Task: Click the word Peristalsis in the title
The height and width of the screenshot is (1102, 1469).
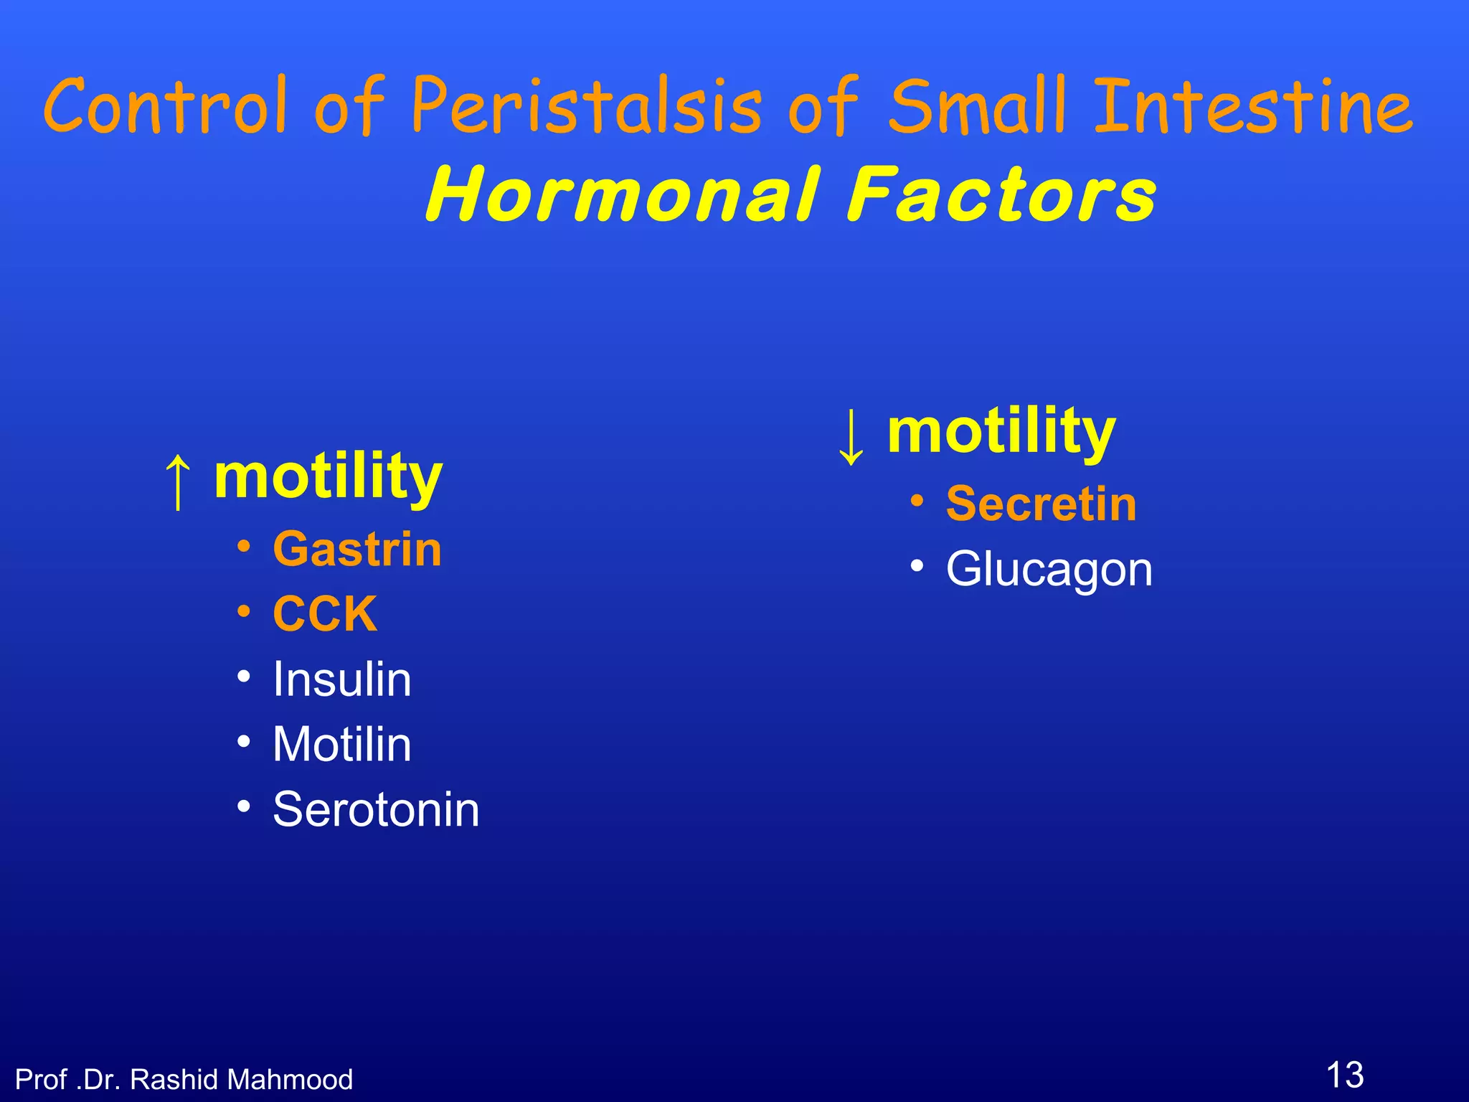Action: tap(587, 106)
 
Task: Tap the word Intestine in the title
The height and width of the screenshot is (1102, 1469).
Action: tap(1252, 106)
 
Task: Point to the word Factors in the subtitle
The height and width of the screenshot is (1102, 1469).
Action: tap(1001, 194)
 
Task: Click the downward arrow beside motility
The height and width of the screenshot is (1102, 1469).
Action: tap(851, 436)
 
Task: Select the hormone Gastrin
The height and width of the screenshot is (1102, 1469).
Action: tap(357, 550)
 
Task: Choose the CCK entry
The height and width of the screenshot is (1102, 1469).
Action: tap(325, 614)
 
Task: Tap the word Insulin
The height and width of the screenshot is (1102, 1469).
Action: tap(342, 679)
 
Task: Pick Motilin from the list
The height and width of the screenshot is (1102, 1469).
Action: tap(342, 744)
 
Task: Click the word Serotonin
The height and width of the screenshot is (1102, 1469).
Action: tap(376, 809)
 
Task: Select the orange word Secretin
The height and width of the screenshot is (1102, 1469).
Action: tap(1041, 504)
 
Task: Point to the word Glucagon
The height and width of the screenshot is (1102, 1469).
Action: tap(1049, 569)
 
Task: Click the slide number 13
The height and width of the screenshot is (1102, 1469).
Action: tap(1344, 1075)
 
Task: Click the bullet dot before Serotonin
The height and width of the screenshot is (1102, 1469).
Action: tap(245, 806)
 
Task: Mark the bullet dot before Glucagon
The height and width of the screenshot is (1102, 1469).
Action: tap(917, 566)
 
